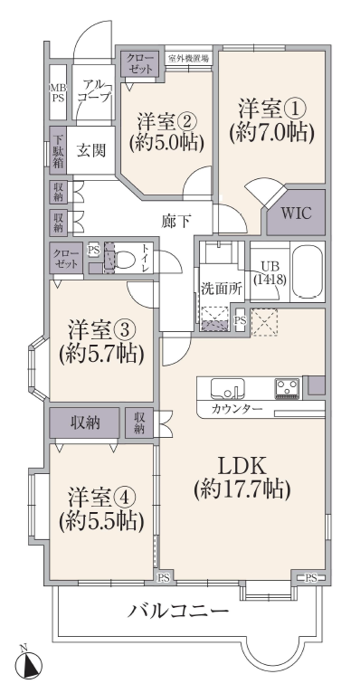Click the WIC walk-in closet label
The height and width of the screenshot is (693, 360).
pyautogui.click(x=297, y=213)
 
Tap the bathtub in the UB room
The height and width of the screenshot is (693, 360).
pyautogui.click(x=307, y=271)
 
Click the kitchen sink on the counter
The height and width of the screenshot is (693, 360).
pyautogui.click(x=227, y=388)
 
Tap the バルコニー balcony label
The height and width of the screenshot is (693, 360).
pyautogui.click(x=178, y=612)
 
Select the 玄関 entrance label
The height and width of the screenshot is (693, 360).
pyautogui.click(x=92, y=151)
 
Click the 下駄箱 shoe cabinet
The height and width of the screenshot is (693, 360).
pyautogui.click(x=58, y=150)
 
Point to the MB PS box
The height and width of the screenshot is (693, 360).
pyautogui.click(x=58, y=92)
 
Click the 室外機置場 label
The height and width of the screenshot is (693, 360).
pyautogui.click(x=189, y=58)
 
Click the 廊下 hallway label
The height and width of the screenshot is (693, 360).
pyautogui.click(x=176, y=221)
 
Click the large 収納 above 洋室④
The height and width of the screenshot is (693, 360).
pyautogui.click(x=85, y=423)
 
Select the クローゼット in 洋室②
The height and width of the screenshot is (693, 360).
pyautogui.click(x=140, y=64)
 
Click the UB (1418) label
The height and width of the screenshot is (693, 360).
pyautogui.click(x=270, y=272)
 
